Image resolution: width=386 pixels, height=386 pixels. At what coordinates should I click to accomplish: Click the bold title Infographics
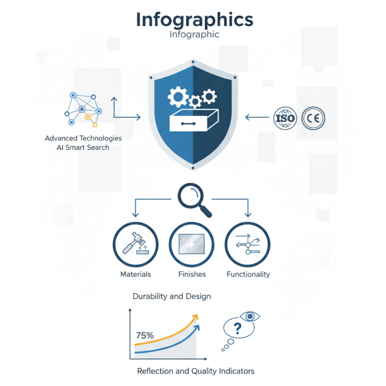pyautogui.click(x=194, y=20)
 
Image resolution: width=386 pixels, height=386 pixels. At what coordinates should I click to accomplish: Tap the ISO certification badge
pyautogui.click(x=285, y=118)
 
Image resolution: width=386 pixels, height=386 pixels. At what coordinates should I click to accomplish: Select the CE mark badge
pyautogui.click(x=313, y=118)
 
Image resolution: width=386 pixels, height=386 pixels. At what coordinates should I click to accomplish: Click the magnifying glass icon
pyautogui.click(x=194, y=200)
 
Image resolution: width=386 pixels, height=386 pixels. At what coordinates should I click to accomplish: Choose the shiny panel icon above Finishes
pyautogui.click(x=192, y=244)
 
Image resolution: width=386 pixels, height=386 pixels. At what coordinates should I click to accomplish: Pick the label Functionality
pyautogui.click(x=248, y=274)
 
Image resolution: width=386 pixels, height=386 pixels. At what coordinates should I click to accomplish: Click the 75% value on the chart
pyautogui.click(x=145, y=335)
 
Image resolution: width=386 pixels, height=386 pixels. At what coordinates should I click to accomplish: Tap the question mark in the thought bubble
pyautogui.click(x=237, y=329)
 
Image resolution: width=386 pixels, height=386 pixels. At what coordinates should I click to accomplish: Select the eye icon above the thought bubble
pyautogui.click(x=250, y=317)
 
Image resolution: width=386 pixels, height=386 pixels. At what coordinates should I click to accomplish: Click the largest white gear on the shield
pyautogui.click(x=178, y=96)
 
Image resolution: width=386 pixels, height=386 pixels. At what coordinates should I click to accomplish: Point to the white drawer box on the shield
pyautogui.click(x=194, y=120)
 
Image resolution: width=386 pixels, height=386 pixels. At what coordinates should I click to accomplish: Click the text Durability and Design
pyautogui.click(x=172, y=296)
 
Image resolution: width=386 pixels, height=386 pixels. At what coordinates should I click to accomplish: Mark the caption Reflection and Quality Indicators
pyautogui.click(x=196, y=371)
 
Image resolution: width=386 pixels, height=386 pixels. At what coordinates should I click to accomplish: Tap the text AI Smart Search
pyautogui.click(x=83, y=148)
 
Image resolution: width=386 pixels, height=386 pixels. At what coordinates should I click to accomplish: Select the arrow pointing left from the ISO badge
pyautogui.click(x=257, y=117)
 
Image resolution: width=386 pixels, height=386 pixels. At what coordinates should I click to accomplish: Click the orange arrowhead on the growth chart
pyautogui.click(x=195, y=317)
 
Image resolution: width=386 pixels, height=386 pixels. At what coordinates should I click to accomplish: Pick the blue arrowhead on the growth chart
pyautogui.click(x=197, y=328)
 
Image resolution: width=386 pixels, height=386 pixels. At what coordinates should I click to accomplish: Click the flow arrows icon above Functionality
pyautogui.click(x=248, y=244)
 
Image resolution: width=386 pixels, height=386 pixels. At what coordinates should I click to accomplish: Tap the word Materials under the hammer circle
pyautogui.click(x=136, y=274)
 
